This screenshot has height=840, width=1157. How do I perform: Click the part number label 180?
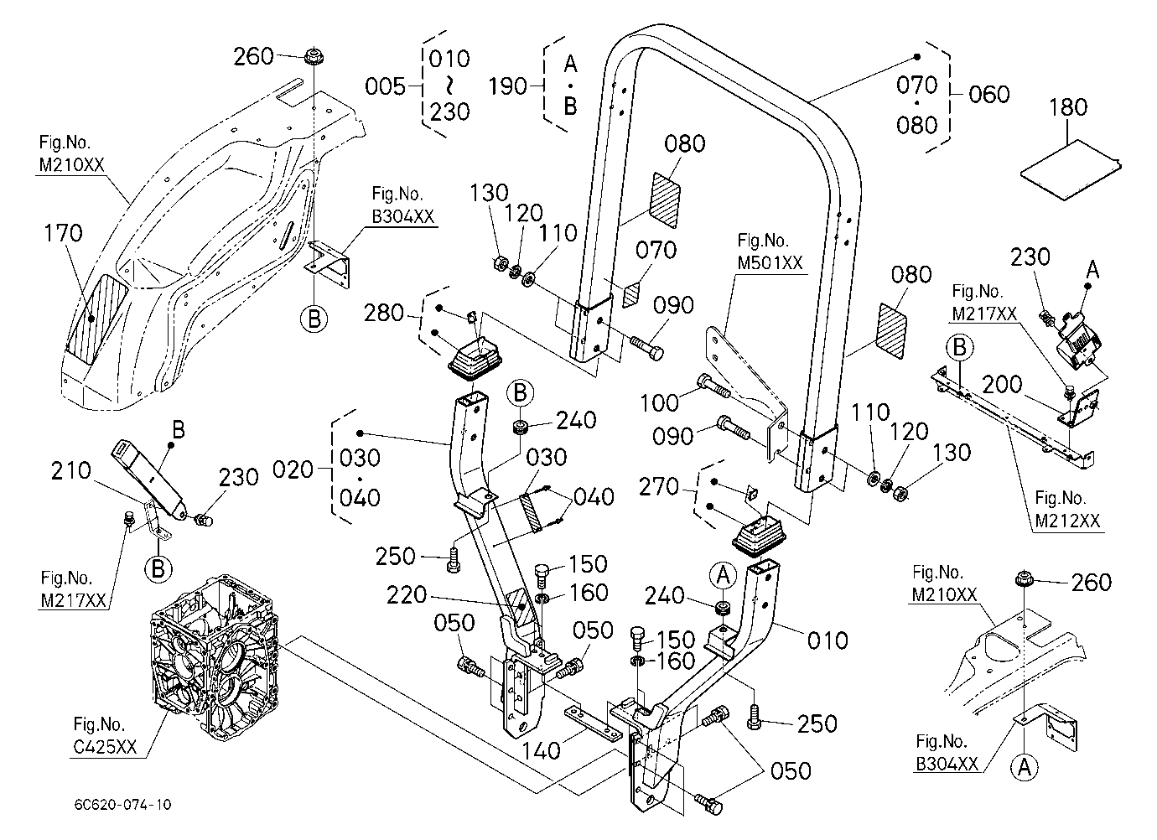pos(1068,107)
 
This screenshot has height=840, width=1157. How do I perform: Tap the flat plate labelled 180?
pos(1070,169)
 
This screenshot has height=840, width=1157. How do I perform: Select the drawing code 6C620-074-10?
pos(123,804)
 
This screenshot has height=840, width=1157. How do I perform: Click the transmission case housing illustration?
pos(214,657)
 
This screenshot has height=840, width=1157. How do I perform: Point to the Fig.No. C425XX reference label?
pos(106,735)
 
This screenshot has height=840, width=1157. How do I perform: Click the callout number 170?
pos(63,233)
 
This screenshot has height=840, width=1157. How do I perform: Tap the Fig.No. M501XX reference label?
pos(770,251)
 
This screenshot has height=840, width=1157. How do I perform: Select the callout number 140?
pos(541,750)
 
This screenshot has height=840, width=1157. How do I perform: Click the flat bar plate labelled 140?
pos(594,724)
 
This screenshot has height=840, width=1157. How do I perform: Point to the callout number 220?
pos(407,595)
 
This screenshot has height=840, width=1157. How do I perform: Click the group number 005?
pos(386,86)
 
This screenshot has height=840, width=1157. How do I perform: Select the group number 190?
pos(508,86)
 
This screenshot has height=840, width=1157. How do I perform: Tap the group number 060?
pos(989,95)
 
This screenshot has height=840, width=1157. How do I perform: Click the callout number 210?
pos(70,470)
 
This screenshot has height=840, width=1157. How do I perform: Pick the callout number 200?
pos(1002,384)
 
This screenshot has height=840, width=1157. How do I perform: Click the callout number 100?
pos(659,402)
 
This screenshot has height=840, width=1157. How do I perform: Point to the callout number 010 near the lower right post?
pos(828,640)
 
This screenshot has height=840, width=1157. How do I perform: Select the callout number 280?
pos(384,313)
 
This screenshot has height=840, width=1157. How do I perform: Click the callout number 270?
pos(659,486)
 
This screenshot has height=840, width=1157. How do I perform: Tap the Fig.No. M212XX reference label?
pos(1067,509)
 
